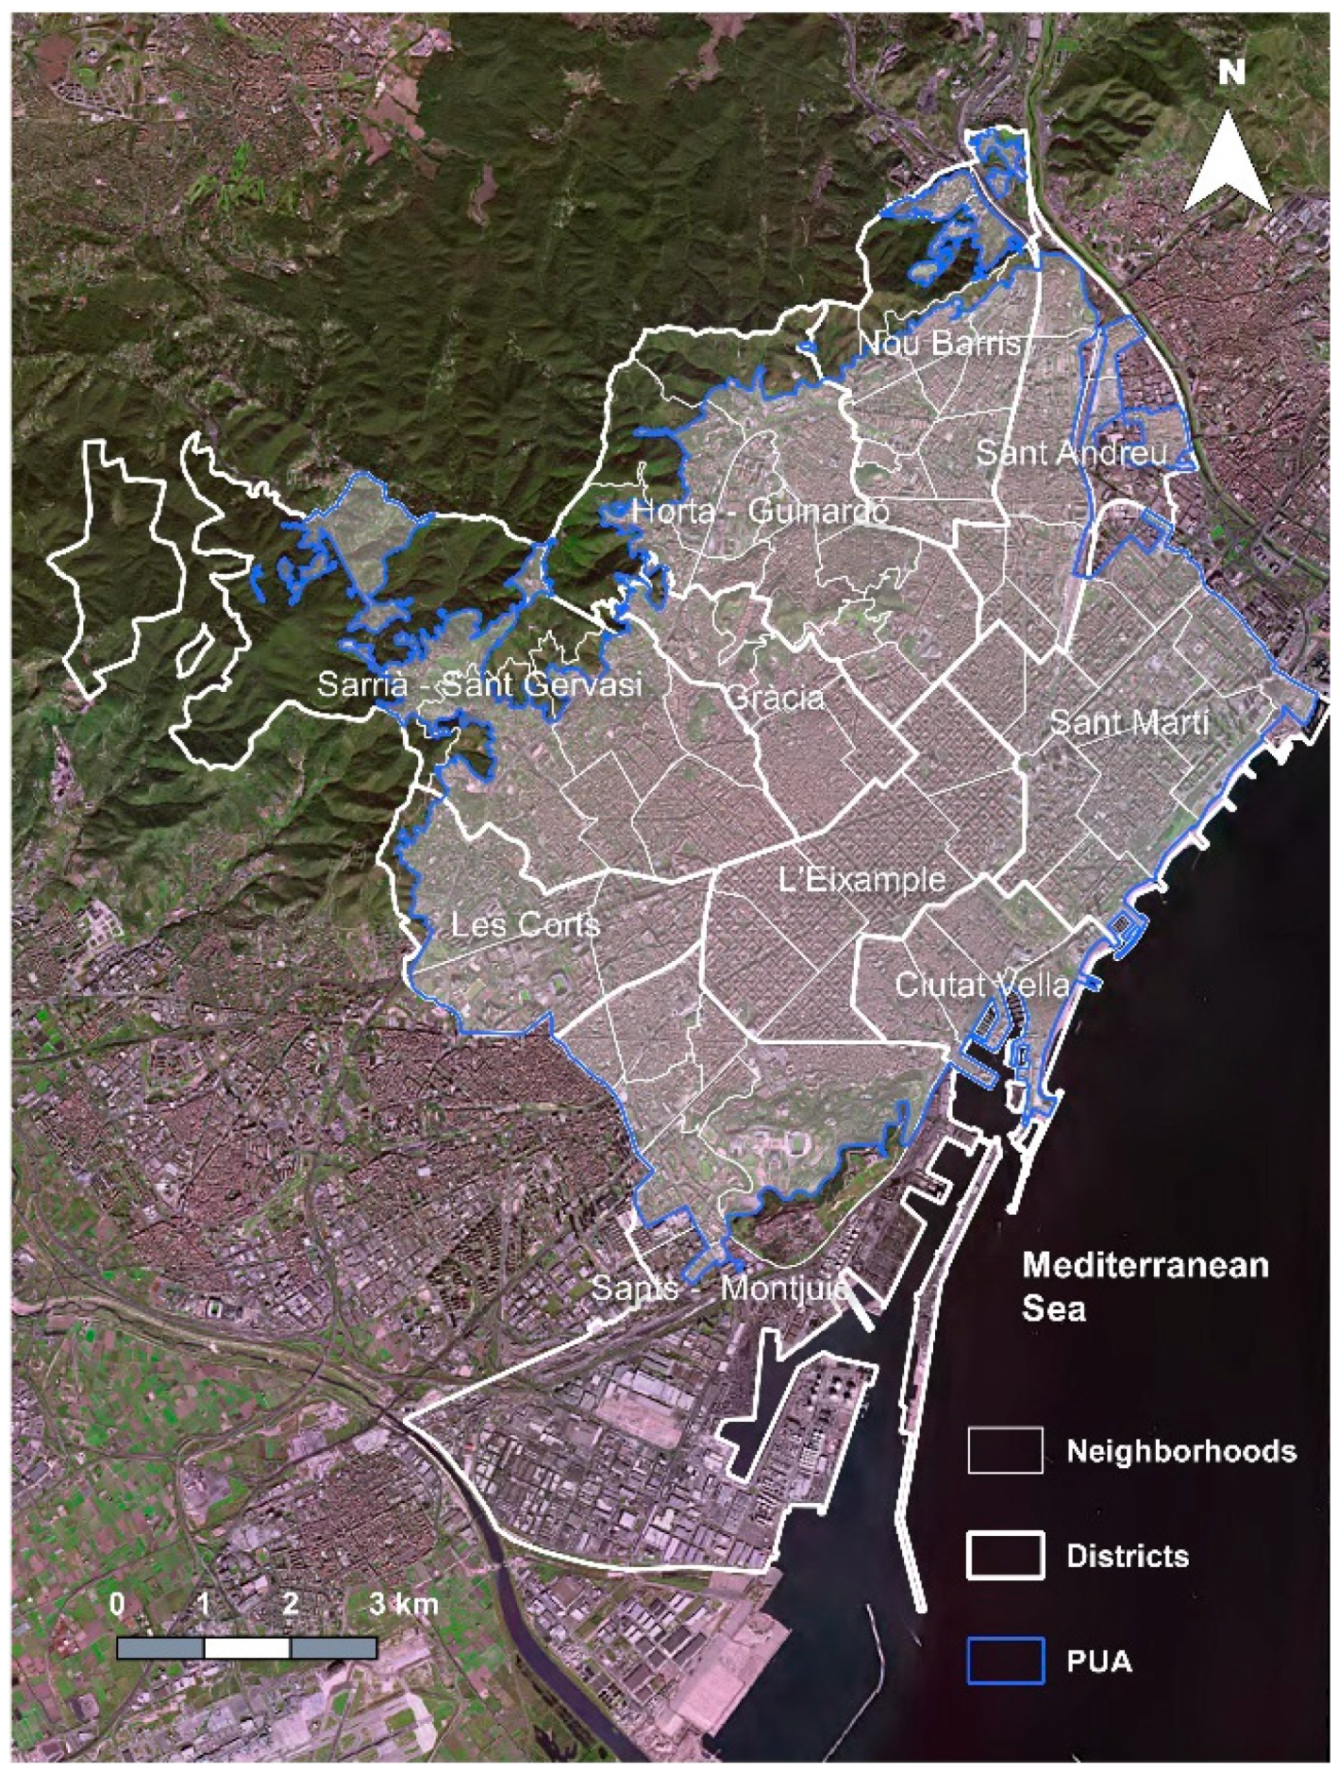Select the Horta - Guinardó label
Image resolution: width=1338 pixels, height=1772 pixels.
760,512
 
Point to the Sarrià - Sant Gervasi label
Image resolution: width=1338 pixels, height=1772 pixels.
479,683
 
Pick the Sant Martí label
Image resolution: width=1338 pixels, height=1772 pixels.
1129,723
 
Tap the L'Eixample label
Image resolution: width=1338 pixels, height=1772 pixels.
861,880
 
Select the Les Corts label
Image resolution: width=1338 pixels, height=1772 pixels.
525,923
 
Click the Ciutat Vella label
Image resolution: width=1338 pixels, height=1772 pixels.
982,985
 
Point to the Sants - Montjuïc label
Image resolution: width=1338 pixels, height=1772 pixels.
719,1288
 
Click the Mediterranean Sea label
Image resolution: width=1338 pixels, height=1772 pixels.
1145,1286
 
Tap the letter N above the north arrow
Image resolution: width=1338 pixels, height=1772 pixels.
1231,72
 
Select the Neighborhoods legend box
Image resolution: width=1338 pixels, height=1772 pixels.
1005,1450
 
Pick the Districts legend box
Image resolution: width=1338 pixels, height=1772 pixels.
1005,1556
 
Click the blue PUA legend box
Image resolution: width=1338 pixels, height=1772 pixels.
1005,1662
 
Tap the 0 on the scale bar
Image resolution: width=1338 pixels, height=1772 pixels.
117,1603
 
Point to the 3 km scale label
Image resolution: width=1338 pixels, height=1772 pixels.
403,1603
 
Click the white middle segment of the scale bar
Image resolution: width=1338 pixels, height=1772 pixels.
246,1648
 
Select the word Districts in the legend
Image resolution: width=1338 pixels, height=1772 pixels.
1127,1556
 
